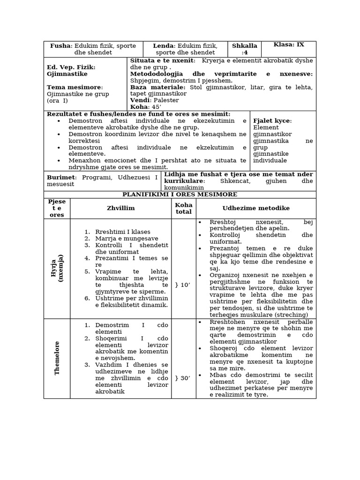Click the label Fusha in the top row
[x=60, y=46]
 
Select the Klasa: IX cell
[x=289, y=45]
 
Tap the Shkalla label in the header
[x=244, y=46]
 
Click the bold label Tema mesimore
[x=74, y=87]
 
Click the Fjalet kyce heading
[x=272, y=121]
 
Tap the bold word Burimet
[x=61, y=178]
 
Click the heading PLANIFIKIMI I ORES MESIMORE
[x=180, y=195]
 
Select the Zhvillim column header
[x=120, y=208]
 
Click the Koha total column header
[x=183, y=208]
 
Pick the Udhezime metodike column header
[x=256, y=208]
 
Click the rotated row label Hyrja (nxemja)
[x=57, y=268]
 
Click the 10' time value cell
[x=183, y=285]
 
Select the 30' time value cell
[x=183, y=378]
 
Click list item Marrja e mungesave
[x=126, y=239]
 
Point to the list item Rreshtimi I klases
[x=122, y=232]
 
